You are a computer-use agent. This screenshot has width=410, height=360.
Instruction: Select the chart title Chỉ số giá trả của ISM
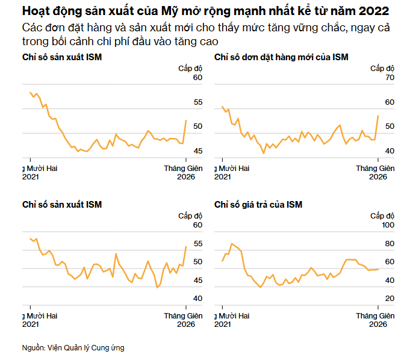tap(258, 205)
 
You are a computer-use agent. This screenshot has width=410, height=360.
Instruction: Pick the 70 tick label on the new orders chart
tap(389, 78)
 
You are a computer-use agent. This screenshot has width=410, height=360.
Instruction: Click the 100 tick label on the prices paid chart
tap(388, 225)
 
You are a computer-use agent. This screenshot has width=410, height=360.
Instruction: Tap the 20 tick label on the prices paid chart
tap(389, 298)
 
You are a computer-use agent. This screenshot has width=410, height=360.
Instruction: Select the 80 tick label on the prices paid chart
tap(389, 243)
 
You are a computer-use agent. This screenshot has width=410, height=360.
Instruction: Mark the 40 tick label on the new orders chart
tap(389, 151)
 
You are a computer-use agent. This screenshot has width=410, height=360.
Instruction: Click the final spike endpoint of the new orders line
tap(377, 116)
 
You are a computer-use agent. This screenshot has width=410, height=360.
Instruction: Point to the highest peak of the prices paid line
tap(232, 243)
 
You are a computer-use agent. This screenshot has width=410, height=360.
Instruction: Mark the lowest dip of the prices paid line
tap(260, 288)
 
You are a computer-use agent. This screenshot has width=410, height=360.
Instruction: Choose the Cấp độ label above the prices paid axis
tap(382, 216)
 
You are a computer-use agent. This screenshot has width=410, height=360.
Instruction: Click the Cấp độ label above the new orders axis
tap(382, 68)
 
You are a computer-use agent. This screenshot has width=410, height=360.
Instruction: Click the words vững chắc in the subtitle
tap(318, 28)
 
